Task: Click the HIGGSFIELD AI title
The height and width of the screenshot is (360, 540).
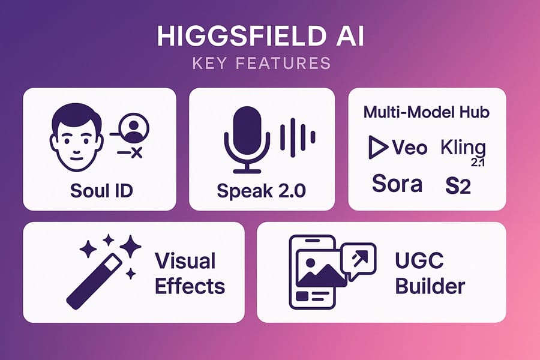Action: (x=260, y=36)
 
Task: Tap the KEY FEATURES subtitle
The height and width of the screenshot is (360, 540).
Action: (x=262, y=64)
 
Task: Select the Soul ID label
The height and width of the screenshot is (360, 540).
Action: (x=101, y=191)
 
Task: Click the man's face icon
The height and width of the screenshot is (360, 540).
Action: (x=76, y=137)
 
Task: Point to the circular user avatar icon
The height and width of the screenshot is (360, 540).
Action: (x=134, y=128)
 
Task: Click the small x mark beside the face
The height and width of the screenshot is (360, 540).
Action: (x=137, y=152)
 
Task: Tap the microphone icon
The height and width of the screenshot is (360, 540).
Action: (x=247, y=139)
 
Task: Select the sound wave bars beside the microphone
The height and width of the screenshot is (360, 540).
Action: (x=298, y=137)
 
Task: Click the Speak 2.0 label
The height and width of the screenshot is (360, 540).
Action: (x=262, y=191)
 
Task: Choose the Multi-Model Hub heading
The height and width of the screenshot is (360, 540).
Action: (x=427, y=112)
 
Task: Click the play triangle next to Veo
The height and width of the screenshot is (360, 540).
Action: (x=378, y=147)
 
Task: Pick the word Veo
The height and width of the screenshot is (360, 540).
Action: (x=409, y=148)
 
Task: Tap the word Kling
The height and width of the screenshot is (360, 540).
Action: (x=463, y=148)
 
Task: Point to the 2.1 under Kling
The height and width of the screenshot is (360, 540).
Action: (x=478, y=162)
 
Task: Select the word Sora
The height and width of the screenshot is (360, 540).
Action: (x=397, y=184)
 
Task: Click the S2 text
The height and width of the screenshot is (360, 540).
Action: (x=458, y=186)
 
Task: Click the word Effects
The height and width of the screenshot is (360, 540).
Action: (x=190, y=286)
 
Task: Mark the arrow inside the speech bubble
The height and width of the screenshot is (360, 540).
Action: (x=360, y=258)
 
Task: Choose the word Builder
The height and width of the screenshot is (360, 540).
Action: (x=430, y=286)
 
